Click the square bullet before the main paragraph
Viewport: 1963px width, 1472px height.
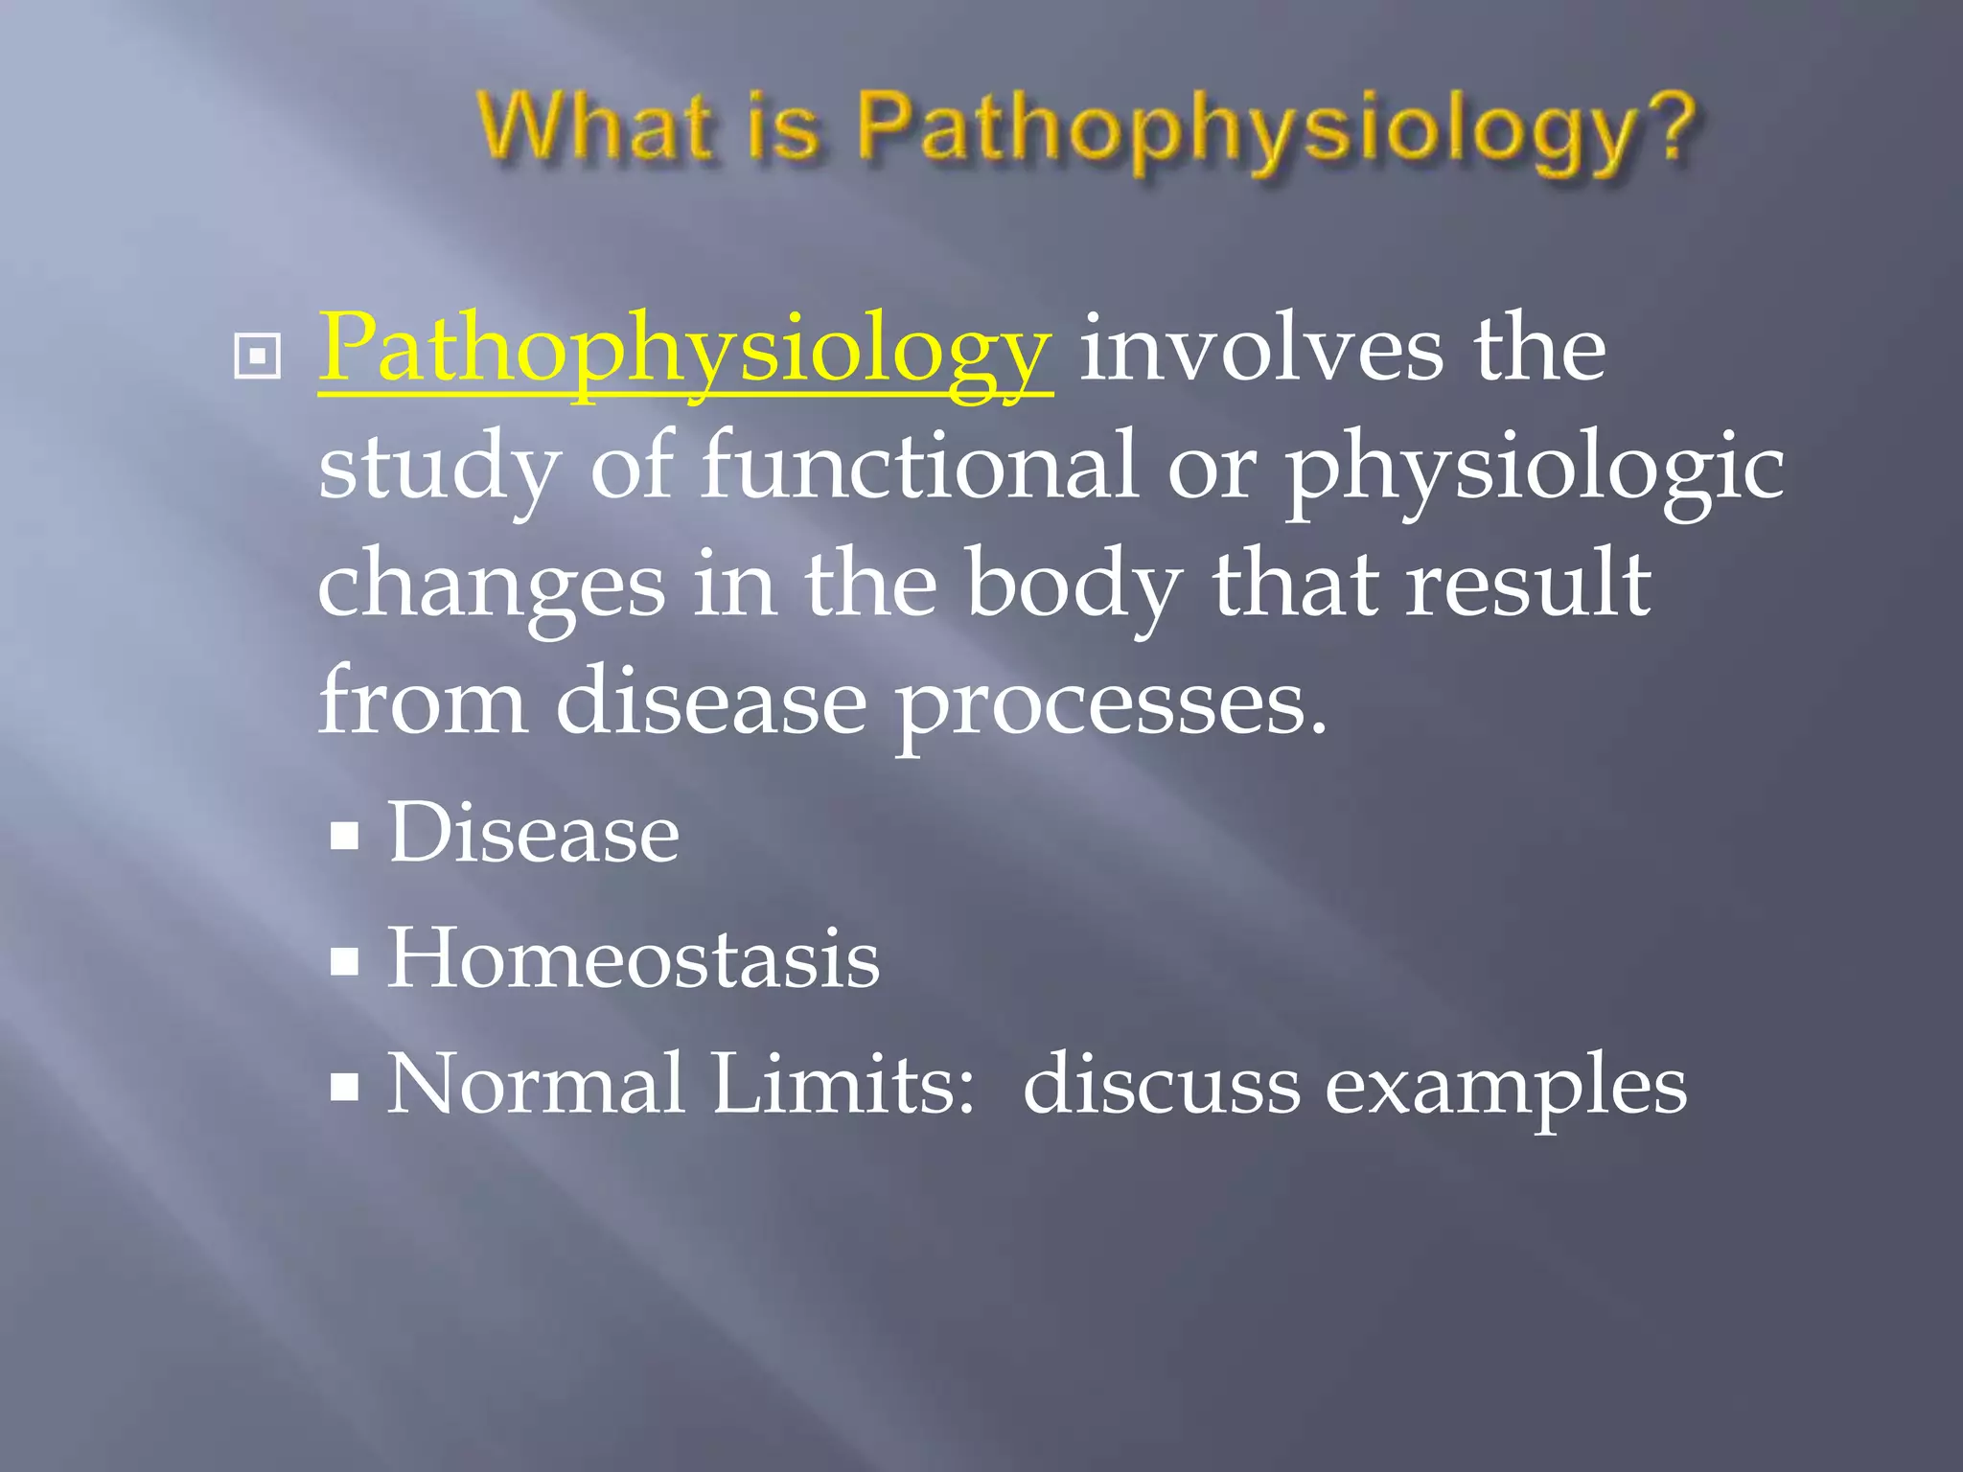(257, 356)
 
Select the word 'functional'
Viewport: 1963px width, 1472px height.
(919, 466)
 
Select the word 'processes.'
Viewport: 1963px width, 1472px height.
(1112, 705)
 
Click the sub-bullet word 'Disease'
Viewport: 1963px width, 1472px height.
(533, 832)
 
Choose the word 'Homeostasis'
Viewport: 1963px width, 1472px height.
(633, 957)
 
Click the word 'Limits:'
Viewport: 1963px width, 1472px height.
(843, 1084)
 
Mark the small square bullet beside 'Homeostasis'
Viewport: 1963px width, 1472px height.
(344, 961)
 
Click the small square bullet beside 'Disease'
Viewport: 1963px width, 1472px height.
(344, 836)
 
